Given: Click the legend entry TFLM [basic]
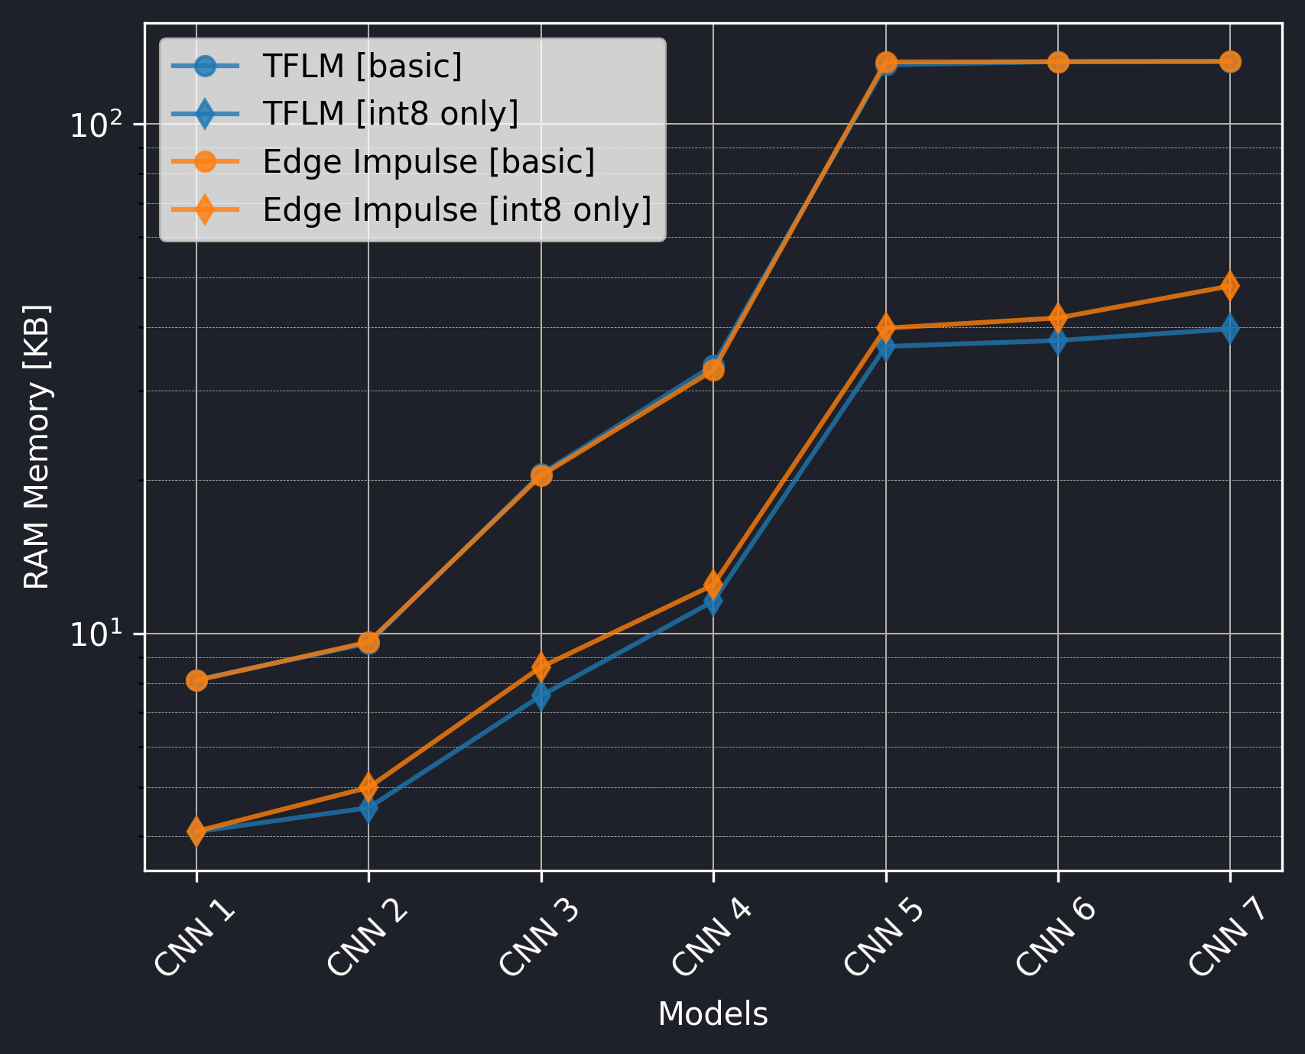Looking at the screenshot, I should point(362,66).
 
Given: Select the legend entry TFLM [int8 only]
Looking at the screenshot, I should point(390,114).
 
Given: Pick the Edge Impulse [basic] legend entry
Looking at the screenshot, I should point(428,162).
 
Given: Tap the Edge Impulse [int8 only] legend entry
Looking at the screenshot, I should point(456,209).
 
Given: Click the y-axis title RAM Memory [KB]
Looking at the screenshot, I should point(37,447).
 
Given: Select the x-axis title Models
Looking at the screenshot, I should point(713,1014).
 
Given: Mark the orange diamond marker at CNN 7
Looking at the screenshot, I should point(1229,286).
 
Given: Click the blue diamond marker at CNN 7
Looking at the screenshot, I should point(1229,329).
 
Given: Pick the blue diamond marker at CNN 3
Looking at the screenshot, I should point(541,696).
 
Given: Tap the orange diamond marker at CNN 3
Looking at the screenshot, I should point(541,667).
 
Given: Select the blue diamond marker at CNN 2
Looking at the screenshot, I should point(368,808).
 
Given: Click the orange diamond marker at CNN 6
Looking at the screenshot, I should point(1058,317).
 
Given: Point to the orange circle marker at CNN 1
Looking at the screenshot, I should point(197,680).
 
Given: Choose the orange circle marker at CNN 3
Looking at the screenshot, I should point(541,475).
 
